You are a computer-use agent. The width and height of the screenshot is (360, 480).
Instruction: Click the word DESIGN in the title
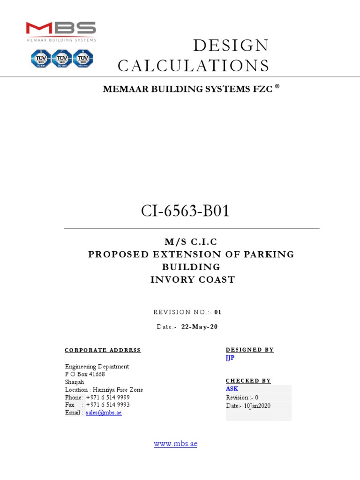(231, 46)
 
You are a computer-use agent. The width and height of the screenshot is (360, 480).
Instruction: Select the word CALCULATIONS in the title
(194, 66)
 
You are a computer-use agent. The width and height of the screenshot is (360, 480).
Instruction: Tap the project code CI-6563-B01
(186, 211)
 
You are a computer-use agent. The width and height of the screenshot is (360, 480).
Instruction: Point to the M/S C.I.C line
(191, 242)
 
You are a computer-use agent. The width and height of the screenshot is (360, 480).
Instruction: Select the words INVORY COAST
(193, 280)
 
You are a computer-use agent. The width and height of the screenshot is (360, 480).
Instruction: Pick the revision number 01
(218, 312)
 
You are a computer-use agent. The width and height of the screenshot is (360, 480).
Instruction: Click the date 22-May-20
(200, 327)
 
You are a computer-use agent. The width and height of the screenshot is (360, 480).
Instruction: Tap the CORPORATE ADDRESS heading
(103, 350)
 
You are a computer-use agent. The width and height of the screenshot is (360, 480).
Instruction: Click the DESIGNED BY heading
(249, 350)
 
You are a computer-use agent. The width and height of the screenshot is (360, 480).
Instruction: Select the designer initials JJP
(230, 359)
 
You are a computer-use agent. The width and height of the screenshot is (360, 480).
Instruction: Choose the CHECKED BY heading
(248, 381)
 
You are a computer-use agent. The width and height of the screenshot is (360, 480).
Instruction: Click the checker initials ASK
(232, 389)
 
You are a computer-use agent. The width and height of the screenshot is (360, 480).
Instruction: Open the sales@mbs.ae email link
(104, 413)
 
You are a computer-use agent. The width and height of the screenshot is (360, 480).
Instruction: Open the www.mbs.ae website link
(175, 443)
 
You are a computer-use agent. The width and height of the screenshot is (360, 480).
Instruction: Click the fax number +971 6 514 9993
(108, 405)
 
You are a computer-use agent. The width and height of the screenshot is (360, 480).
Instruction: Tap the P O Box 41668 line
(85, 374)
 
